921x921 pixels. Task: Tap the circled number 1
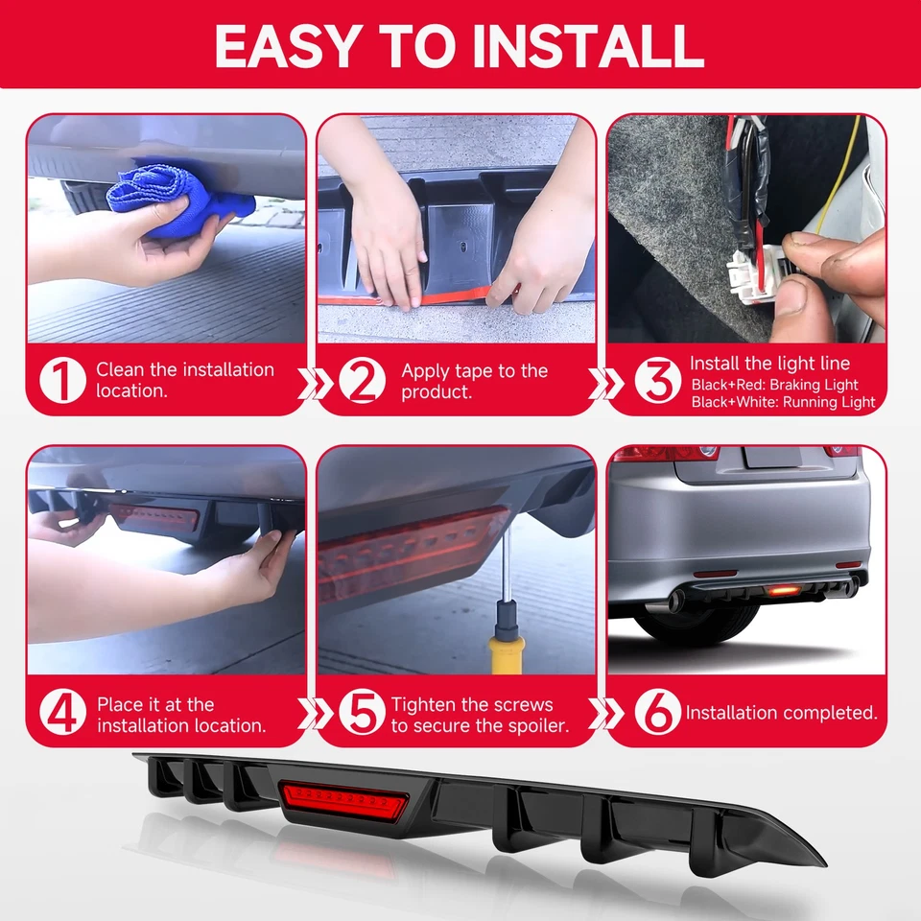click(63, 380)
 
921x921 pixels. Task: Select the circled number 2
click(362, 380)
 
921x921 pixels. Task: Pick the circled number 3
click(658, 380)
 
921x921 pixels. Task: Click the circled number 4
click(63, 712)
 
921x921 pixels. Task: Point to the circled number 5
click(362, 712)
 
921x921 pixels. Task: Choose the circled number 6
click(658, 712)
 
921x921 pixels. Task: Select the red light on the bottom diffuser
click(343, 800)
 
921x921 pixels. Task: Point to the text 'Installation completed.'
click(781, 713)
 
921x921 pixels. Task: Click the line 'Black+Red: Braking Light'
click(775, 385)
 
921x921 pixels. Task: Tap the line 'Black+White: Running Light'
click(783, 402)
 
